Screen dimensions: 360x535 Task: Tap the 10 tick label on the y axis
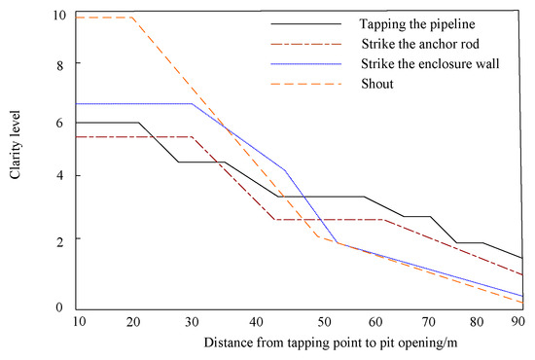(x=59, y=17)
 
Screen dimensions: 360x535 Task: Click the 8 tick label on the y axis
(x=60, y=64)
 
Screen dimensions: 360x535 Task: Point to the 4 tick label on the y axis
(x=60, y=175)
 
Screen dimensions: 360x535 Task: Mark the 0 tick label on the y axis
(x=60, y=308)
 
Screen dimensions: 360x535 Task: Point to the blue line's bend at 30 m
(x=192, y=103)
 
